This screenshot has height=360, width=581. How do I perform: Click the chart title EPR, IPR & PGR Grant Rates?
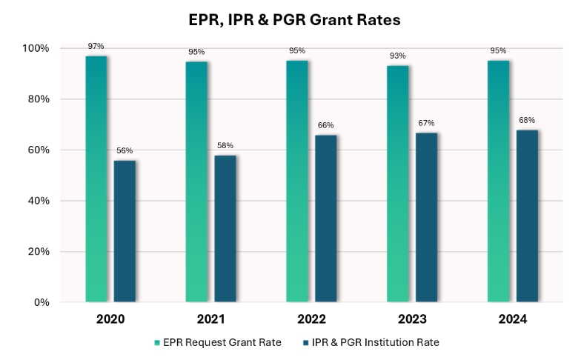(x=294, y=21)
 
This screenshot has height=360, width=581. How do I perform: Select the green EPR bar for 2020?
(x=96, y=179)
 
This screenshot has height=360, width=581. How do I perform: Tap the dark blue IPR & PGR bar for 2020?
(x=124, y=230)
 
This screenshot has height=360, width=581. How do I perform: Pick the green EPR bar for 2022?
(x=296, y=181)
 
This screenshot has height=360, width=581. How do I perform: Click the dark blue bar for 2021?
(x=225, y=228)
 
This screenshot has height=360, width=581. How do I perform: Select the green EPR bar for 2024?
(x=498, y=181)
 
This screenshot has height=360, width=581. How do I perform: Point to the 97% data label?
(x=96, y=47)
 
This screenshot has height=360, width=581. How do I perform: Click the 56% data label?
(x=124, y=151)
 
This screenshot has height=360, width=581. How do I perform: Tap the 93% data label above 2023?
(x=397, y=56)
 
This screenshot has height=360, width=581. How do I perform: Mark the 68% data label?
(x=527, y=120)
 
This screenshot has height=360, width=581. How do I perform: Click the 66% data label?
(x=325, y=125)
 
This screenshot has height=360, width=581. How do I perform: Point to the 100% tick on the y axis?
(x=36, y=49)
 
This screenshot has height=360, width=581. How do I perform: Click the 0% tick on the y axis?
(x=41, y=302)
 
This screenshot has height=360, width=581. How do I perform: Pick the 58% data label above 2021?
(x=225, y=146)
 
